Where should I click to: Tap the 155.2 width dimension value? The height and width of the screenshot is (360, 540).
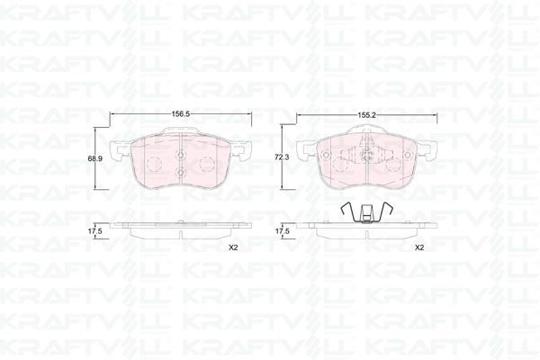click(x=365, y=115)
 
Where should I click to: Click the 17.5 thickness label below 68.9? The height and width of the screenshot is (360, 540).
click(x=94, y=231)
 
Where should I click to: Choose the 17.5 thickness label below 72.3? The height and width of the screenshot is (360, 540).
click(x=282, y=231)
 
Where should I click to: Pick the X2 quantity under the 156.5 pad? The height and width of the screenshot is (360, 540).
click(x=232, y=247)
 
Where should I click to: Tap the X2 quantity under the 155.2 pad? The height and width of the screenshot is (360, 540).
click(x=418, y=247)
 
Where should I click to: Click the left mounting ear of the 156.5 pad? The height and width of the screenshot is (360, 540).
click(x=118, y=151)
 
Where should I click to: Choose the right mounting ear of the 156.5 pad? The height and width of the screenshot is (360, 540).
click(x=242, y=151)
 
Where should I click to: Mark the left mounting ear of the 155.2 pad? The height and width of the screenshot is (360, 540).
click(x=306, y=151)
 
